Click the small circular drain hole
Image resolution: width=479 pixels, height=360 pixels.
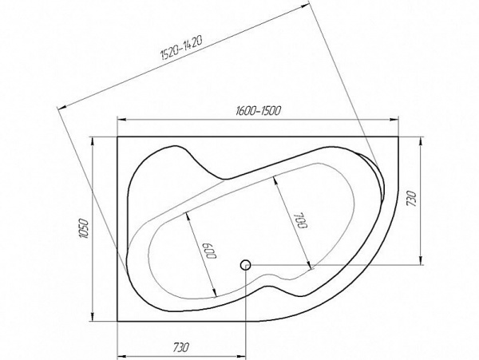246,264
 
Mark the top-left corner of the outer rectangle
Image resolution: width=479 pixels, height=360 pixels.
118,136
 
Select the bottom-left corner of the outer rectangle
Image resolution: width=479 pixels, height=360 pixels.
118,322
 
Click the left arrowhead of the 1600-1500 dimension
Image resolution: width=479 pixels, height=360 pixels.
121,120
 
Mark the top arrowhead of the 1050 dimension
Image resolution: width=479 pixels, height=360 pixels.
94,140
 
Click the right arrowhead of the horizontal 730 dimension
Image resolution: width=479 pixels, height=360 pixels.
243,354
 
